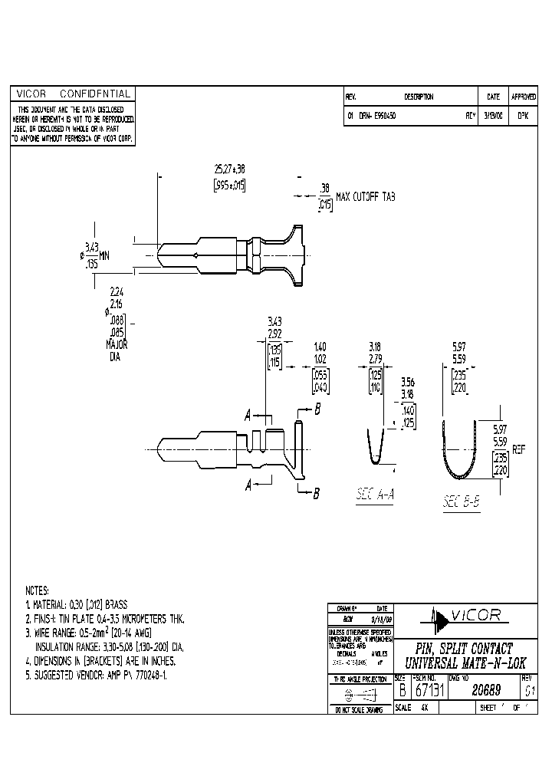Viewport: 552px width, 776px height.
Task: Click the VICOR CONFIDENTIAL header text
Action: tap(73, 94)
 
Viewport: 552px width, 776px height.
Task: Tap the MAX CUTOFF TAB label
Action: tap(364, 197)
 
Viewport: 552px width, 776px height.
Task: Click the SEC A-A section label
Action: tap(375, 495)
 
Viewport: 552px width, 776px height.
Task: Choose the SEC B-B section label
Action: tap(462, 502)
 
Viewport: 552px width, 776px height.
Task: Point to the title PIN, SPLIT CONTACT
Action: tap(464, 649)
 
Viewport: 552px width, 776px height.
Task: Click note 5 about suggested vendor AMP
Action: tap(97, 674)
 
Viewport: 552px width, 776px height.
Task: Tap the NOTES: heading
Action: tap(38, 591)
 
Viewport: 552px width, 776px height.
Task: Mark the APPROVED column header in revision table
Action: tap(524, 97)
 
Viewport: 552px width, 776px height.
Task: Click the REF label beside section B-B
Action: tap(519, 451)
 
